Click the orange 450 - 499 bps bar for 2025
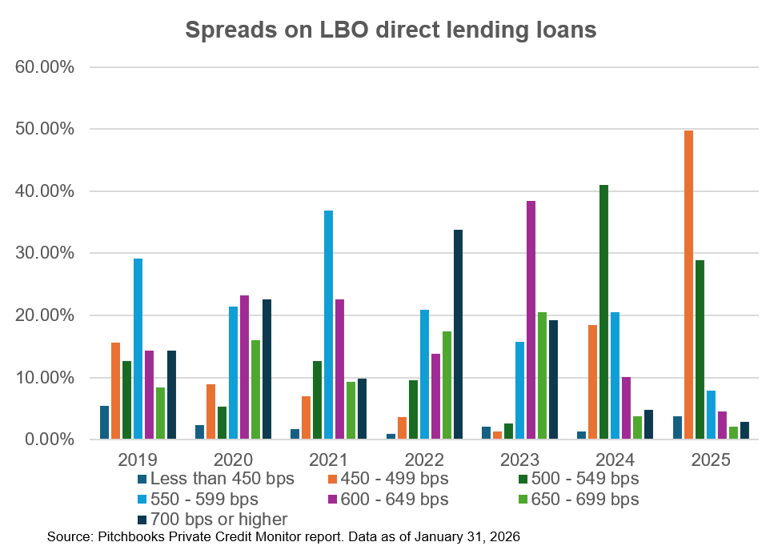tap(688, 285)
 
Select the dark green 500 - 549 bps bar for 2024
tap(604, 312)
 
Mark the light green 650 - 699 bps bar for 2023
tap(543, 375)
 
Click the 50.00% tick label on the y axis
tap(46, 129)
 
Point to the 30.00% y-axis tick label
tap(46, 253)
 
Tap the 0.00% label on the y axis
tap(49, 440)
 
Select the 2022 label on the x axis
tap(425, 460)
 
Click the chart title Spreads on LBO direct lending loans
tap(391, 30)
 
